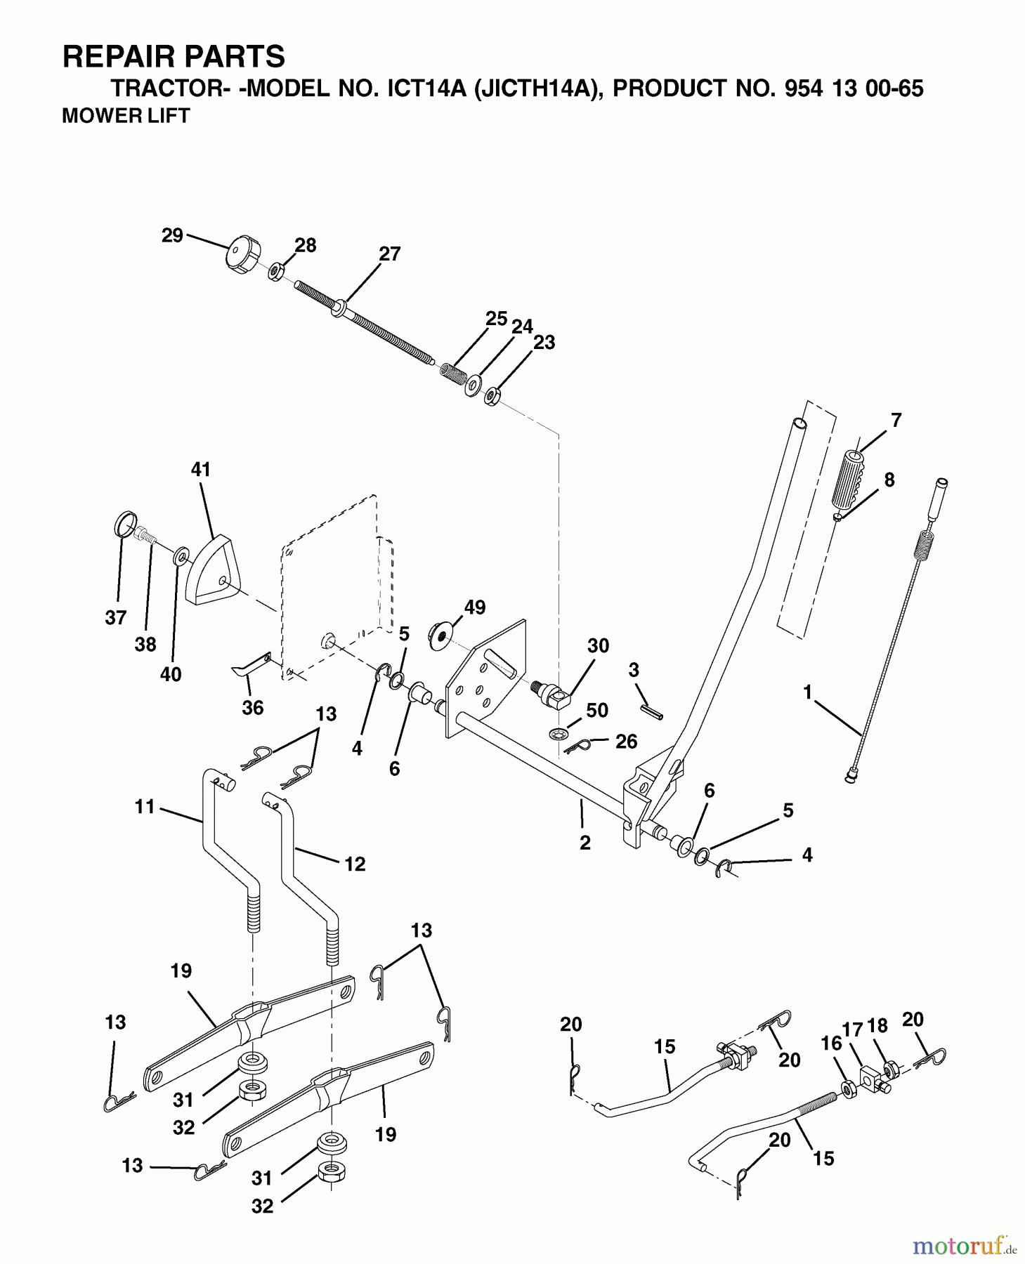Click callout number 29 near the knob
coord(172,235)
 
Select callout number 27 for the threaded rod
coord(389,254)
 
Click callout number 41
coord(201,469)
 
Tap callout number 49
coord(475,607)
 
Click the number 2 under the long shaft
coord(585,843)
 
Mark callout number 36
coord(252,707)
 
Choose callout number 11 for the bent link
coord(144,807)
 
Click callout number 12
coord(355,864)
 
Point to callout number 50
coord(596,710)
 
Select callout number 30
coord(598,645)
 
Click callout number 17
coord(852,1030)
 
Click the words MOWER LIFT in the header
coord(126,116)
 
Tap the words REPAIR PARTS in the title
coord(174,56)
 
